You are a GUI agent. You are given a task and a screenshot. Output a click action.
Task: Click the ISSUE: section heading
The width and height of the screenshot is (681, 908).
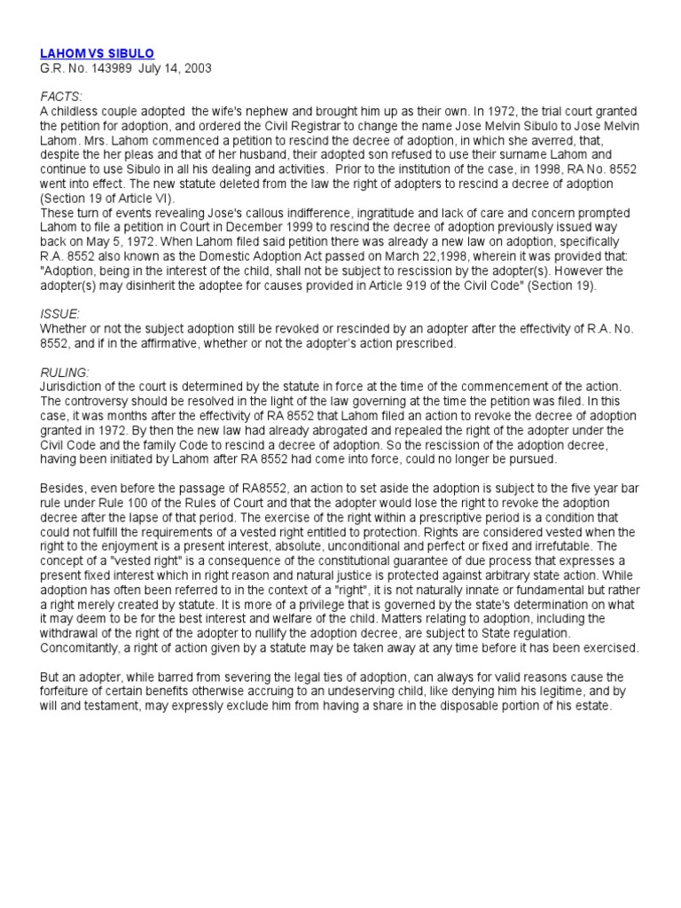pyautogui.click(x=60, y=314)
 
